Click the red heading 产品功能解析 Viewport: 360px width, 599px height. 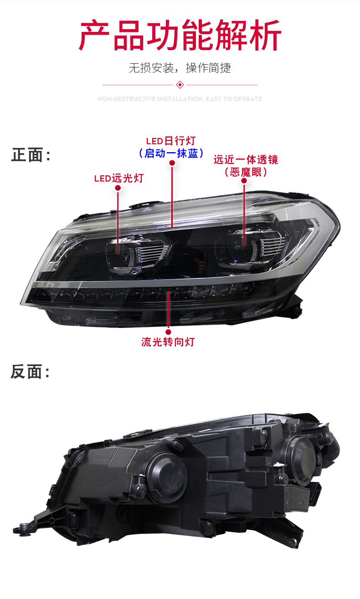pos(180,36)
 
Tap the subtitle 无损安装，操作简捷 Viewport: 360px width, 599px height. pos(180,68)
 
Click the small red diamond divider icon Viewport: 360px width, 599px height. pos(180,85)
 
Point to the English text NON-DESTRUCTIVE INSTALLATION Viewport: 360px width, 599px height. pos(150,99)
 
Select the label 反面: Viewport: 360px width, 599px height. pos(30,372)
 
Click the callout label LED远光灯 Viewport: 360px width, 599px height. pos(118,178)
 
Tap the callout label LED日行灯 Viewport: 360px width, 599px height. pos(170,141)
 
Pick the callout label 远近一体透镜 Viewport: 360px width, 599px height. pos(246,160)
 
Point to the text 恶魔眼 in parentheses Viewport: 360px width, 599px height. pos(246,172)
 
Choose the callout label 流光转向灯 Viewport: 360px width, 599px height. pos(168,342)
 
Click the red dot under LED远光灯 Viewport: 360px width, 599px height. pos(118,188)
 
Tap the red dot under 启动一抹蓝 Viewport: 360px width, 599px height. pos(172,163)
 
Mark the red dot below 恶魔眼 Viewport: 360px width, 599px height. pos(244,181)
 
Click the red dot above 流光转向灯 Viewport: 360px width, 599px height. pos(168,325)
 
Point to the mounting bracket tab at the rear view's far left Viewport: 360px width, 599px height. pos(23,527)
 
